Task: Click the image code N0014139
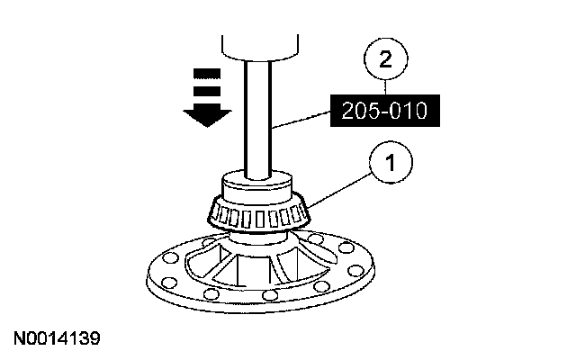coord(57,339)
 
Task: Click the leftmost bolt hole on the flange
coord(158,265)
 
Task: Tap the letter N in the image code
coord(19,339)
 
